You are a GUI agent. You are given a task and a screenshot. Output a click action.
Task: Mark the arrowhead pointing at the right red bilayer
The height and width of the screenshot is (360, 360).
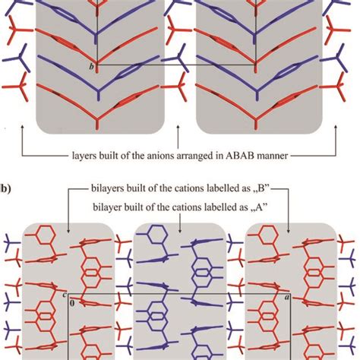click(x=291, y=222)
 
